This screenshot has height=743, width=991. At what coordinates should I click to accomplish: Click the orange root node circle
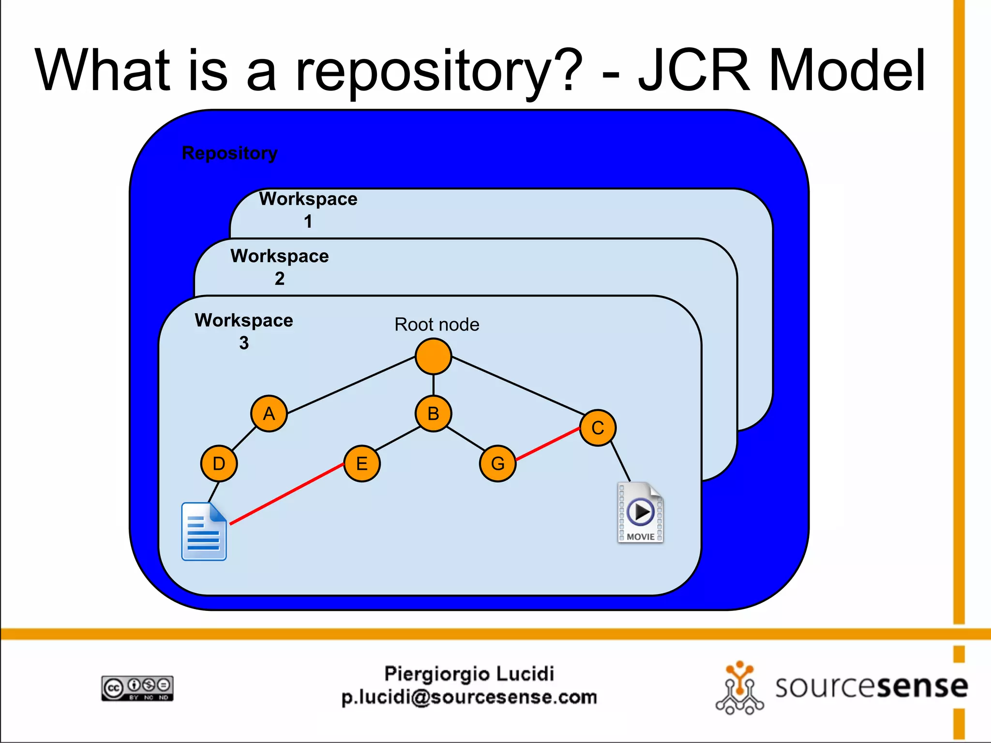pos(433,357)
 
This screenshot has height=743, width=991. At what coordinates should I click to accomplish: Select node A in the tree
pos(269,414)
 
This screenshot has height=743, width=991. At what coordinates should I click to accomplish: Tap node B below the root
pos(433,414)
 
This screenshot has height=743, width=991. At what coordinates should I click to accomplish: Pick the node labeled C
pos(598,428)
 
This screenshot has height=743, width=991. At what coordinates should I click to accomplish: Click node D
pos(219,463)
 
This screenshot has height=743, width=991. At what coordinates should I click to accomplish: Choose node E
pos(362,463)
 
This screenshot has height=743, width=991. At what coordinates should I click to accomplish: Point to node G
pos(497,463)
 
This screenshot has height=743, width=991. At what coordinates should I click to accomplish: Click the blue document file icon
pos(204,532)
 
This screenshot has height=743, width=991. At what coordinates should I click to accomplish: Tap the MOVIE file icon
pos(640,513)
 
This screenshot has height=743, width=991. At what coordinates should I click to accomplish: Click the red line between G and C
pos(548,444)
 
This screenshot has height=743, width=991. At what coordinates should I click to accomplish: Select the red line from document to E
pos(286,494)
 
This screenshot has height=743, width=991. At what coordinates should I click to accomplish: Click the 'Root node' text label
pos(436,324)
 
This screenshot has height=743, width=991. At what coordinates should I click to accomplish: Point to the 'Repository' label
pos(229,153)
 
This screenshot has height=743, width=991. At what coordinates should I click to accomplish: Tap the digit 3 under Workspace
pos(244,343)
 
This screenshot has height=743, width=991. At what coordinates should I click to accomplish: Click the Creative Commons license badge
pos(137,688)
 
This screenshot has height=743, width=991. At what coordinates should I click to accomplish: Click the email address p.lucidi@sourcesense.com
pos(469,697)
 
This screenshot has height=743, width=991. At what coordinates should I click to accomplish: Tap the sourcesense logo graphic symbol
pos(739,688)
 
